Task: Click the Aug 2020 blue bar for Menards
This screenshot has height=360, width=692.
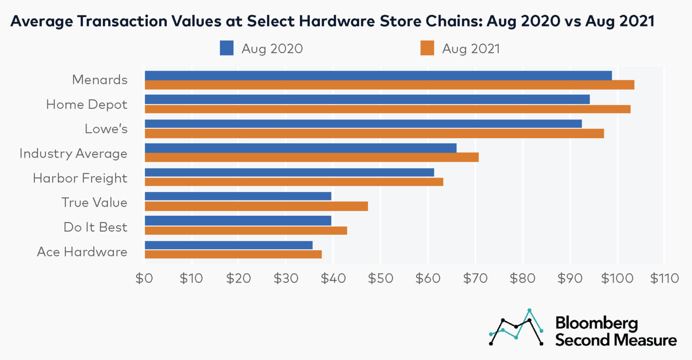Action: [x=378, y=75]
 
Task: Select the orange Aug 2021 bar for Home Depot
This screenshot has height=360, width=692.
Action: [x=387, y=109]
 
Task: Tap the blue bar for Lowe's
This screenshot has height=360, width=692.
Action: [x=363, y=123]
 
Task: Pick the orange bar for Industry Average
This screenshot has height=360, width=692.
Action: [x=311, y=157]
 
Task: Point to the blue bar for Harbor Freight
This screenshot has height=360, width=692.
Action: [x=289, y=172]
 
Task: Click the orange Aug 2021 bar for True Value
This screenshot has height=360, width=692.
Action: [x=256, y=206]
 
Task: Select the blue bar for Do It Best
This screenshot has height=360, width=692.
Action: [x=238, y=220]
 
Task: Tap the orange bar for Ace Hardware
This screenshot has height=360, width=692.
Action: [x=233, y=254]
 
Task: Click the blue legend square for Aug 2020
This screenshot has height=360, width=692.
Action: [x=227, y=48]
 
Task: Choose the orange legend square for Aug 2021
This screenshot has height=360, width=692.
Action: [x=427, y=48]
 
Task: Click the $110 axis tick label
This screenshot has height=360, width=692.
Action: [x=664, y=278]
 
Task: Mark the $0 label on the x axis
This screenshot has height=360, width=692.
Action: [x=144, y=278]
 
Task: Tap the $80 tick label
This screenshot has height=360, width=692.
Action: [x=523, y=278]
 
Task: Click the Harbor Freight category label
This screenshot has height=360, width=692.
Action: [x=80, y=178]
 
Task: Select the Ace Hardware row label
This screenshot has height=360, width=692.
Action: [x=82, y=251]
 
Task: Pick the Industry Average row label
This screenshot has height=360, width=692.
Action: [x=73, y=154]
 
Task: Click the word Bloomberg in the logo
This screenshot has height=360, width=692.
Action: [x=596, y=323]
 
